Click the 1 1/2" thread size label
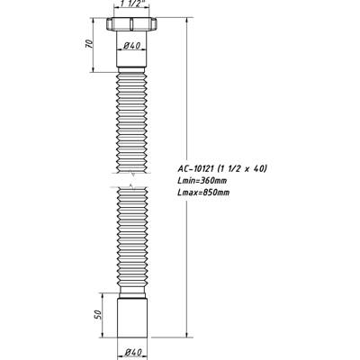pyautogui.click(x=132, y=6)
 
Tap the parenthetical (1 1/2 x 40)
pyautogui.click(x=238, y=169)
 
